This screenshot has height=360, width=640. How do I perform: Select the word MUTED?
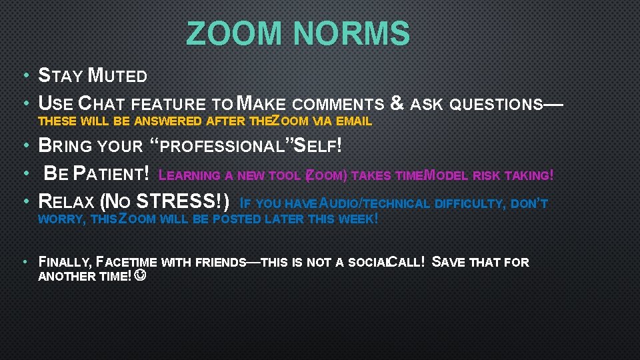(118, 75)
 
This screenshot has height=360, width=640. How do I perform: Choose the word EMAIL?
(353, 121)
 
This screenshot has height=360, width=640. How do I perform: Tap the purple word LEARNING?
(192, 176)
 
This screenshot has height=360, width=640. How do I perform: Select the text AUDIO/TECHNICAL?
(377, 204)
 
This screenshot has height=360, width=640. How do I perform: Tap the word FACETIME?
(127, 262)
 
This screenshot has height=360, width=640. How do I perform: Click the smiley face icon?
(140, 275)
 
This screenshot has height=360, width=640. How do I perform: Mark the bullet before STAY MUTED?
(24, 75)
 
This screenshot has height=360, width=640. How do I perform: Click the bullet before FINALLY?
(24, 261)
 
